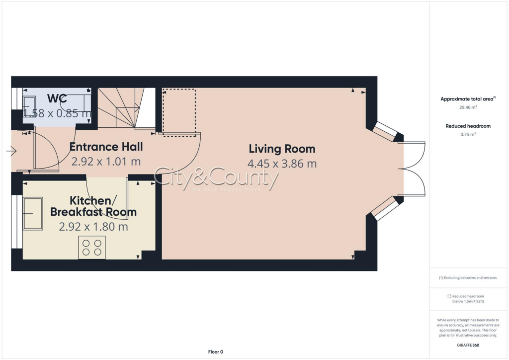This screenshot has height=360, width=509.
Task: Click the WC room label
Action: pyautogui.click(x=57, y=98)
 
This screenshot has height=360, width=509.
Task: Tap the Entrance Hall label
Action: pyautogui.click(x=106, y=147)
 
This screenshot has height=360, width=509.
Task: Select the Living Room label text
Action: pyautogui.click(x=282, y=149)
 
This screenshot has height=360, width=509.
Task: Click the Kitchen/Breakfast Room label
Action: pyautogui.click(x=93, y=206)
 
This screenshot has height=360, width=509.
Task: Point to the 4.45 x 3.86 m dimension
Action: pyautogui.click(x=282, y=164)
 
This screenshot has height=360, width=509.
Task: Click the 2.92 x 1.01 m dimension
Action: pyautogui.click(x=106, y=161)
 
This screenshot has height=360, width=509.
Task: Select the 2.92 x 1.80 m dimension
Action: pyautogui.click(x=93, y=227)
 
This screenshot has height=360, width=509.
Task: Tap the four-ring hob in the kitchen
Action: pyautogui.click(x=92, y=248)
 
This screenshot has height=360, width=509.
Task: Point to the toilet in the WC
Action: pyautogui.click(x=27, y=106)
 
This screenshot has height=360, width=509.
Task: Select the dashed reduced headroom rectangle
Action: pyautogui.click(x=179, y=112)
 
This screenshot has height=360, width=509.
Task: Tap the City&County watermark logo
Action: pyautogui.click(x=216, y=179)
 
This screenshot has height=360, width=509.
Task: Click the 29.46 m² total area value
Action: pyautogui.click(x=468, y=107)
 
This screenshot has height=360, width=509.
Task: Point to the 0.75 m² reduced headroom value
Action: pyautogui.click(x=468, y=134)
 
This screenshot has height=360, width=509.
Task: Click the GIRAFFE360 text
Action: pyautogui.click(x=468, y=345)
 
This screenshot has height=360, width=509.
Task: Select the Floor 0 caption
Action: pyautogui.click(x=215, y=352)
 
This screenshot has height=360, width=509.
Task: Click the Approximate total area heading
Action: pyautogui.click(x=468, y=99)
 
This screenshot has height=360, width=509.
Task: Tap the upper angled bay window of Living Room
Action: pyautogui.click(x=386, y=130)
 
